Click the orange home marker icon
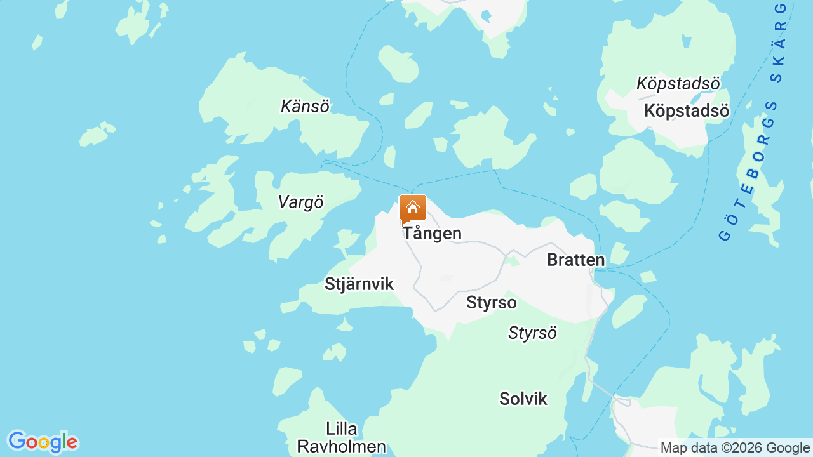click(413, 209)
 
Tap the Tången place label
click(433, 234)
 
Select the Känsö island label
click(305, 106)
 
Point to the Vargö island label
click(300, 202)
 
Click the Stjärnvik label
click(359, 284)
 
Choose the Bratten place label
click(575, 260)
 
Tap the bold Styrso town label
click(491, 303)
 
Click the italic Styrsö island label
click(532, 333)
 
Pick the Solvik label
click(523, 399)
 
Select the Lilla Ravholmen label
click(341, 437)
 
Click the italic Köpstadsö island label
click(678, 83)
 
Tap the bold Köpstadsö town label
click(686, 110)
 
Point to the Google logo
click(43, 442)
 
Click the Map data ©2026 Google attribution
click(735, 448)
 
